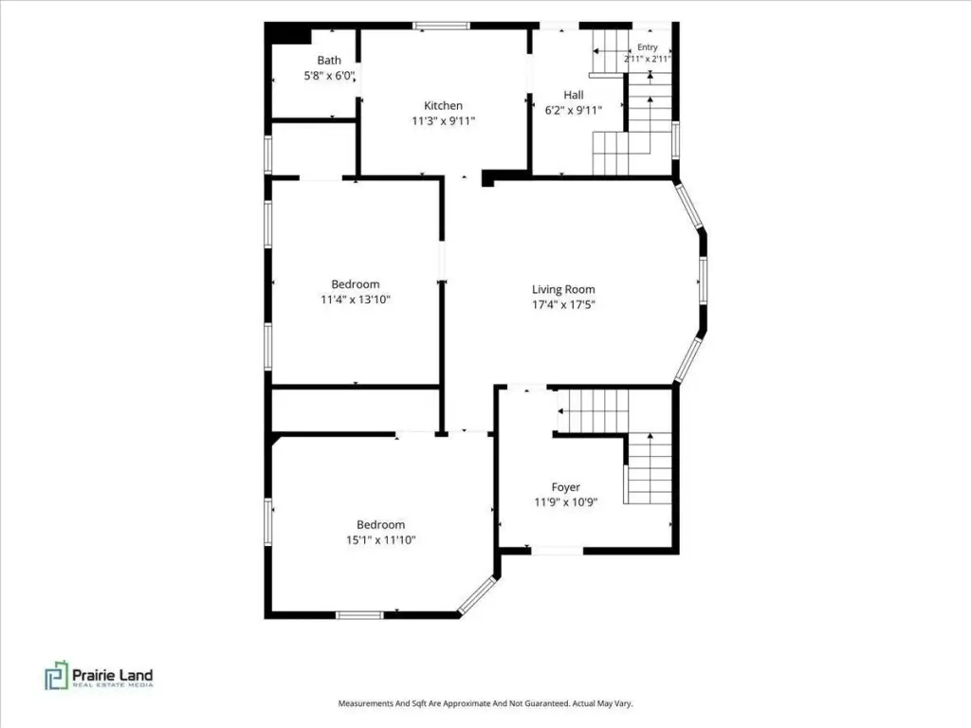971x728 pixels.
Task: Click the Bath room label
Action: [x=329, y=60]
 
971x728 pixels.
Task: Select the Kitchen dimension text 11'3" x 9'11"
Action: [x=444, y=120]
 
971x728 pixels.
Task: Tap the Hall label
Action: [x=574, y=95]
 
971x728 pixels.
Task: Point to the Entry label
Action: [x=647, y=47]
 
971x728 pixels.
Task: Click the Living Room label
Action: [x=563, y=289]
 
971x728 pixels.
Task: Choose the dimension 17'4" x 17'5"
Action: [x=563, y=304]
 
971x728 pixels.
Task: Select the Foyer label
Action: [x=566, y=487]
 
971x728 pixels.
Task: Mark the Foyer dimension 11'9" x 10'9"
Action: [x=566, y=502]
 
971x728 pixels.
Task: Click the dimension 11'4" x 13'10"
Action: [x=356, y=300]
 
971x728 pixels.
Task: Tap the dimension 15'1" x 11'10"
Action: [x=381, y=539]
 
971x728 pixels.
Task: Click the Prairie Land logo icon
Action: [x=56, y=675]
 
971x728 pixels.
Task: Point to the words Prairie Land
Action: [x=113, y=675]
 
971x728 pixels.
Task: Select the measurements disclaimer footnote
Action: [x=485, y=703]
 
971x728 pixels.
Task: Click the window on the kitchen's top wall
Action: [x=442, y=26]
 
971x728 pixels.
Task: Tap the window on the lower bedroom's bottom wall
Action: [x=359, y=614]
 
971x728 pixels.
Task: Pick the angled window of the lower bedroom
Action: [x=478, y=595]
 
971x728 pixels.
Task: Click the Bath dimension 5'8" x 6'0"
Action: [x=329, y=76]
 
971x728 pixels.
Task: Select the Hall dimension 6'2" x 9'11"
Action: [x=574, y=110]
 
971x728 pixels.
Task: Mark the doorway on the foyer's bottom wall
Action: [x=558, y=550]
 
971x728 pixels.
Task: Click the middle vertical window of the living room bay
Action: [x=704, y=280]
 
